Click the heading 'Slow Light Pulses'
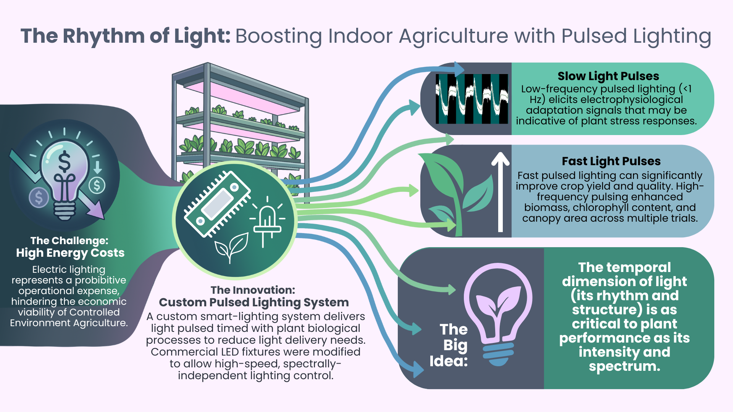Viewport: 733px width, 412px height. pyautogui.click(x=608, y=76)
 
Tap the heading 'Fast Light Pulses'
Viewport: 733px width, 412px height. pyautogui.click(x=611, y=161)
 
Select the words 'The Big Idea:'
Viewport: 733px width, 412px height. pyautogui.click(x=449, y=345)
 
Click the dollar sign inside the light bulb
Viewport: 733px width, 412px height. pyautogui.click(x=64, y=161)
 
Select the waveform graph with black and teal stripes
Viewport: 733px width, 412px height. pyautogui.click(x=472, y=99)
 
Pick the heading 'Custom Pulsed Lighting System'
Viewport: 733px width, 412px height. pyautogui.click(x=253, y=303)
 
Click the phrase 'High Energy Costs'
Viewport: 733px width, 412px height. pyautogui.click(x=70, y=253)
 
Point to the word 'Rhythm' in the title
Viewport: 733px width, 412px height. pyautogui.click(x=103, y=36)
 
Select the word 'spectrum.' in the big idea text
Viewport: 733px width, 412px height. pyautogui.click(x=624, y=366)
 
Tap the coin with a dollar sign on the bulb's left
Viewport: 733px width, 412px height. pyautogui.click(x=39, y=198)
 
